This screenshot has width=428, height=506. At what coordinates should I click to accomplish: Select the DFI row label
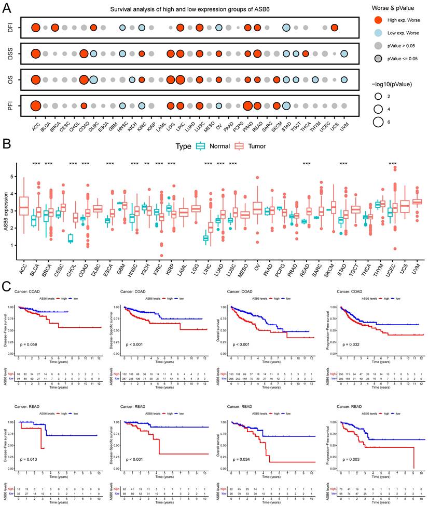pos(10,28)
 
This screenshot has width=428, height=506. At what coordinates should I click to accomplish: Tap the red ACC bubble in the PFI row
pos(35,105)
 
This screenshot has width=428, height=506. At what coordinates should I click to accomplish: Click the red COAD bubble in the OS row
pos(84,79)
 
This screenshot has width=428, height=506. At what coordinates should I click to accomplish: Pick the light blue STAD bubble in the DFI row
pos(286,28)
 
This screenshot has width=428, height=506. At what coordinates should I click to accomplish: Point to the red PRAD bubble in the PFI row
pos(247,105)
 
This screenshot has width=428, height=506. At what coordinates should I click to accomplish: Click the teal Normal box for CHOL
pos(71,238)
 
